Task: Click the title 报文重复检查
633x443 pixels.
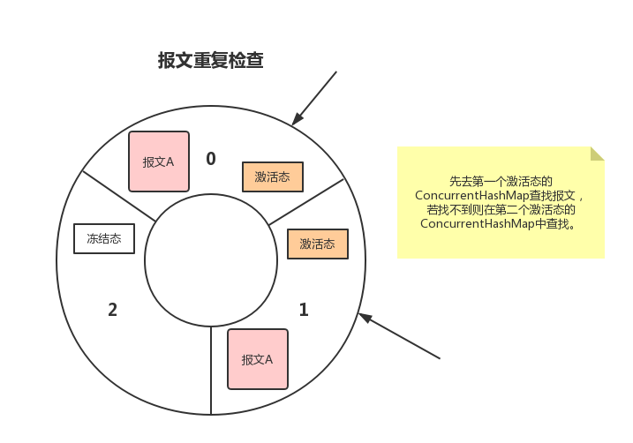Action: pos(210,61)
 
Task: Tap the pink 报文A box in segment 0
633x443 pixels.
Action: pos(159,161)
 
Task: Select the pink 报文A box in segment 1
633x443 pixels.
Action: pos(257,359)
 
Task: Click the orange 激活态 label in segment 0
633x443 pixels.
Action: pos(272,176)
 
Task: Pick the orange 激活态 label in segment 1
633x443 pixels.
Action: pos(317,244)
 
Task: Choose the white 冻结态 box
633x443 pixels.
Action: pos(103,237)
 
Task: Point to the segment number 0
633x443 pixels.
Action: pos(210,159)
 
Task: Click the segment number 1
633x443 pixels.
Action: pos(304,310)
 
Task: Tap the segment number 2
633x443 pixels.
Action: pos(112,310)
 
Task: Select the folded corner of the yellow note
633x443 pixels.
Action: pos(597,154)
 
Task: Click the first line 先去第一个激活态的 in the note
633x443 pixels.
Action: pos(501,180)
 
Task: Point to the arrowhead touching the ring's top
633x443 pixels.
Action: pos(298,119)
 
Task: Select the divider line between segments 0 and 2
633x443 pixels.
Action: pos(118,195)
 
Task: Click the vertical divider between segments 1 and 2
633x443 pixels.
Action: pos(211,371)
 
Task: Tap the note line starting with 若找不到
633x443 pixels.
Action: pos(501,209)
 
